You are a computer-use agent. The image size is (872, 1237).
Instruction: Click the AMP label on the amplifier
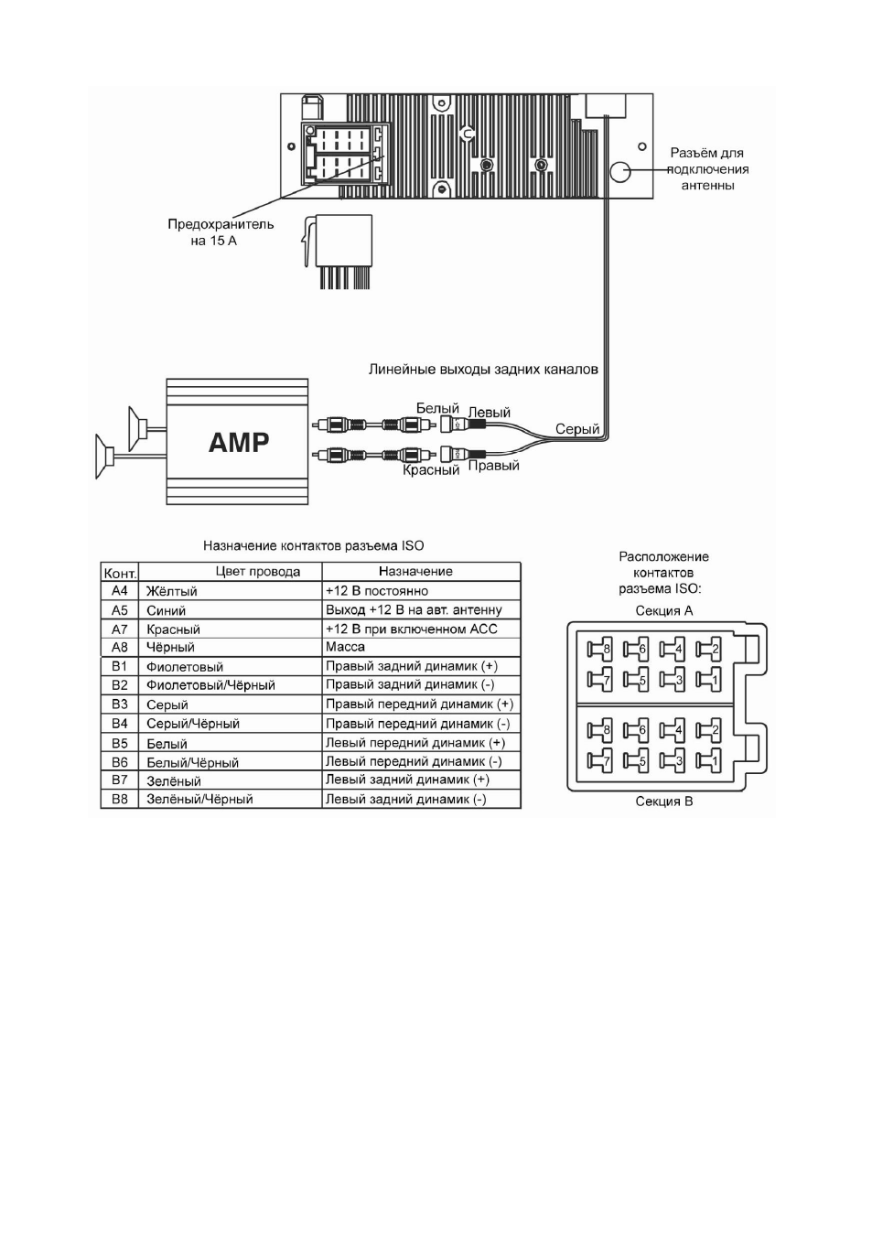point(239,442)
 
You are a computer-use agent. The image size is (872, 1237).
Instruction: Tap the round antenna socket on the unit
point(620,171)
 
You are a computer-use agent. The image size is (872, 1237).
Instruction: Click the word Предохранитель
point(221,224)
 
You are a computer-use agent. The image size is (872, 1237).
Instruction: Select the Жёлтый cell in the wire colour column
point(172,591)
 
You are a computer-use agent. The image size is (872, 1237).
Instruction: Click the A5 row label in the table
point(119,610)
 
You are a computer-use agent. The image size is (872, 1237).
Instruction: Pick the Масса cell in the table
point(345,647)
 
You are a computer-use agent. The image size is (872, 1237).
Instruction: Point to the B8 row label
point(119,799)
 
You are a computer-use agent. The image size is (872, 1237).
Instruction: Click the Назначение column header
point(415,572)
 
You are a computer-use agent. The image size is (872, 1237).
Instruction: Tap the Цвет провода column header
point(258,572)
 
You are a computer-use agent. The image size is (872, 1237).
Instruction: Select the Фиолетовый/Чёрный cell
point(210,685)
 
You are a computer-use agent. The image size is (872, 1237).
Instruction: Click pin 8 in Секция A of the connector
point(599,650)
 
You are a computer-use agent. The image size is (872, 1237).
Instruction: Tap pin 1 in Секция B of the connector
point(708,762)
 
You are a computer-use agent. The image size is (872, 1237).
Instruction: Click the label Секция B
point(663,801)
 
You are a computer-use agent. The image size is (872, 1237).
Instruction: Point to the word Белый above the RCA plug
point(437,408)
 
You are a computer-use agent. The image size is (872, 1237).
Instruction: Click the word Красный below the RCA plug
point(431,470)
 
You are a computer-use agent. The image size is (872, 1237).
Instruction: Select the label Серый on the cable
point(577,429)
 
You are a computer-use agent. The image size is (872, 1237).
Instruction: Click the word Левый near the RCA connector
point(490,413)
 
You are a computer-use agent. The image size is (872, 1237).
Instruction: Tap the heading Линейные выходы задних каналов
point(483,369)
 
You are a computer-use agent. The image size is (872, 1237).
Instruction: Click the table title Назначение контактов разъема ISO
point(314,546)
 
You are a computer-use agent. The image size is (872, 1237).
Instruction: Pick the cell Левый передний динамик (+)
point(415,743)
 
